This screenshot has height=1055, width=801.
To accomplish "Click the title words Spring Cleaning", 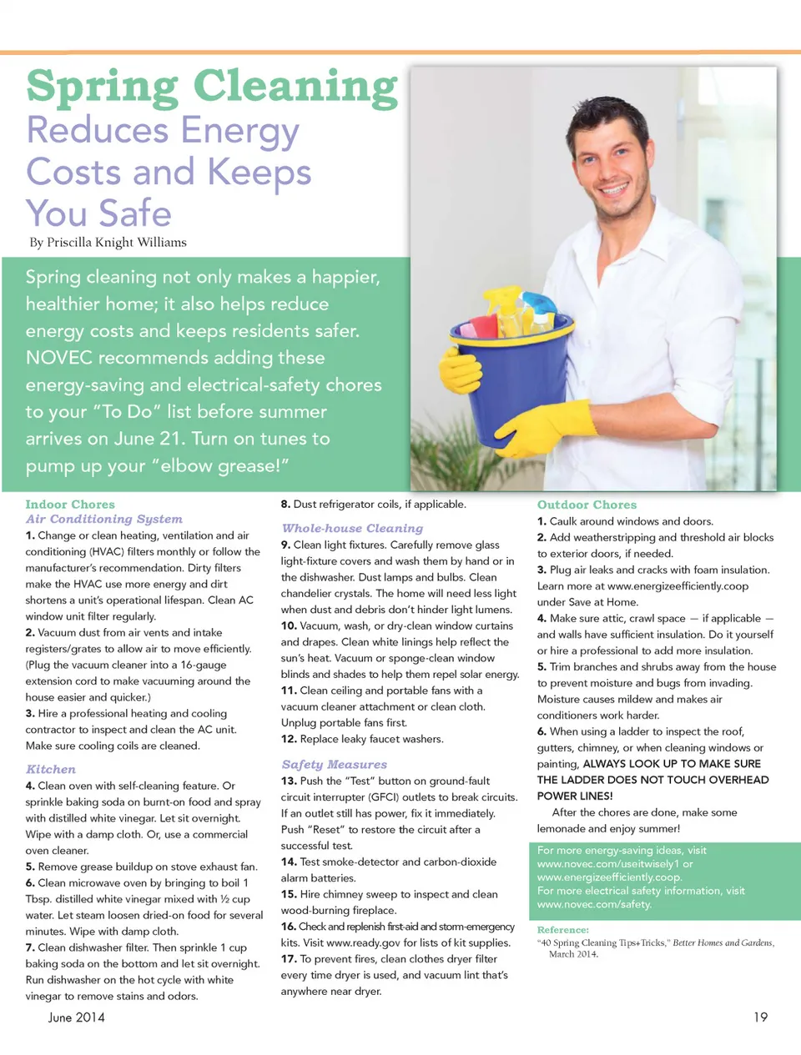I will tap(212, 87).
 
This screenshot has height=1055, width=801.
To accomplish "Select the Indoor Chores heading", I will tap(70, 505).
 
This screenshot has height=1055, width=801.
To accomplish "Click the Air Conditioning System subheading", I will tap(103, 519).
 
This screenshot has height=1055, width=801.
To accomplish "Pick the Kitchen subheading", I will tap(51, 769).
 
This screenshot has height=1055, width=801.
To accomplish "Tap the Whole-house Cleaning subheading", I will tap(352, 528).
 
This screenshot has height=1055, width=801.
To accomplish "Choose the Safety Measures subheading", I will tap(334, 764).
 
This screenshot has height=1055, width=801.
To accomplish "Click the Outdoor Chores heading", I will tap(587, 505).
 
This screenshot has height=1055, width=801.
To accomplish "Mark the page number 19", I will tap(760, 1017).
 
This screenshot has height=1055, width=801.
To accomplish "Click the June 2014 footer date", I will tap(77, 1017).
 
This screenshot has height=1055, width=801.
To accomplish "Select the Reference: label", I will tap(563, 930).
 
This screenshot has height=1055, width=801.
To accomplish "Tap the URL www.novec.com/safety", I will tap(594, 904).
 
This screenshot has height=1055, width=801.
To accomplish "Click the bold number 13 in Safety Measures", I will tap(289, 781).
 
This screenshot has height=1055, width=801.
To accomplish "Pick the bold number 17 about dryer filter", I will tap(289, 959).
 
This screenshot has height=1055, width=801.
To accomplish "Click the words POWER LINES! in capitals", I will tap(575, 796).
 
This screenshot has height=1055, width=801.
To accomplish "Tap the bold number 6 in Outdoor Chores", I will tap(542, 731).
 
